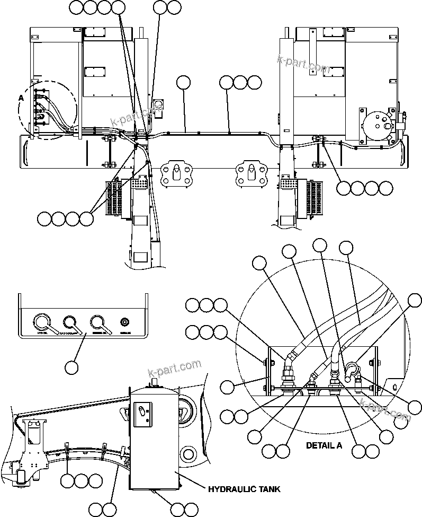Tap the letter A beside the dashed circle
coord(21,98)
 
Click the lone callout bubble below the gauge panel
coord(71,366)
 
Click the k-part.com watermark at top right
coord(303,64)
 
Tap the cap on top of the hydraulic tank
coord(154,381)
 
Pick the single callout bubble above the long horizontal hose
coord(183,82)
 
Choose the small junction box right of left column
coord(158,106)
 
